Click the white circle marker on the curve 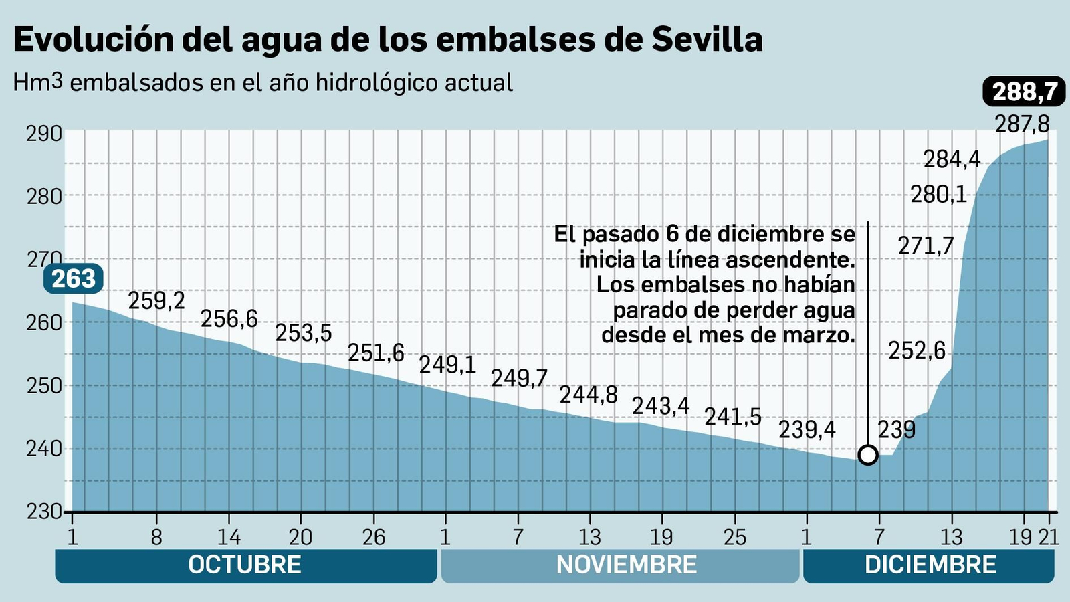tap(867, 455)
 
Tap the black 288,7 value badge tap(1024, 92)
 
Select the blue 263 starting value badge tap(74, 278)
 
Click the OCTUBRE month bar tap(245, 565)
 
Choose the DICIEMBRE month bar tap(929, 565)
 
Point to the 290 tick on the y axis tap(44, 134)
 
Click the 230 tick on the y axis tap(44, 512)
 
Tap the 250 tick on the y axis tap(44, 386)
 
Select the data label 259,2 tap(156, 301)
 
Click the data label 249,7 tap(519, 379)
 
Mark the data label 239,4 tap(807, 429)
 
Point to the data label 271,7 tap(926, 246)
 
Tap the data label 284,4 tap(952, 159)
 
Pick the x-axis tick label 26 tap(373, 537)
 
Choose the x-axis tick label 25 tap(734, 537)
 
